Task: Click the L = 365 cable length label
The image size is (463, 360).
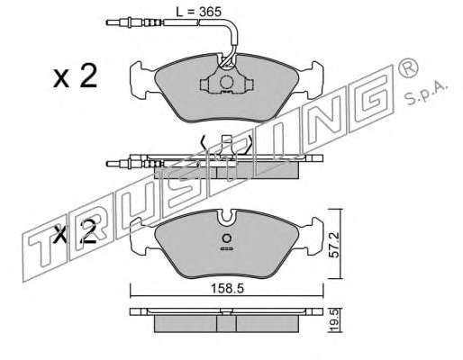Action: click(x=198, y=12)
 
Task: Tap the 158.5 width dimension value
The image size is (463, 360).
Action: click(x=227, y=289)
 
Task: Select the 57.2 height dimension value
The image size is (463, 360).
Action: click(x=334, y=244)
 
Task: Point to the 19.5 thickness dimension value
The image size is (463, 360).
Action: click(x=334, y=321)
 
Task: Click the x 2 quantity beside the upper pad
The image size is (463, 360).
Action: click(x=76, y=76)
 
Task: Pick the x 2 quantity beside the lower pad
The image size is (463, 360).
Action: click(x=76, y=232)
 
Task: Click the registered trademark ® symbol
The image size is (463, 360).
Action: click(x=408, y=68)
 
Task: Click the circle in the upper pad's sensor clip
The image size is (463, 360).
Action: click(x=226, y=82)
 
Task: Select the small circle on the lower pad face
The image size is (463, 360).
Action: click(x=226, y=238)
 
